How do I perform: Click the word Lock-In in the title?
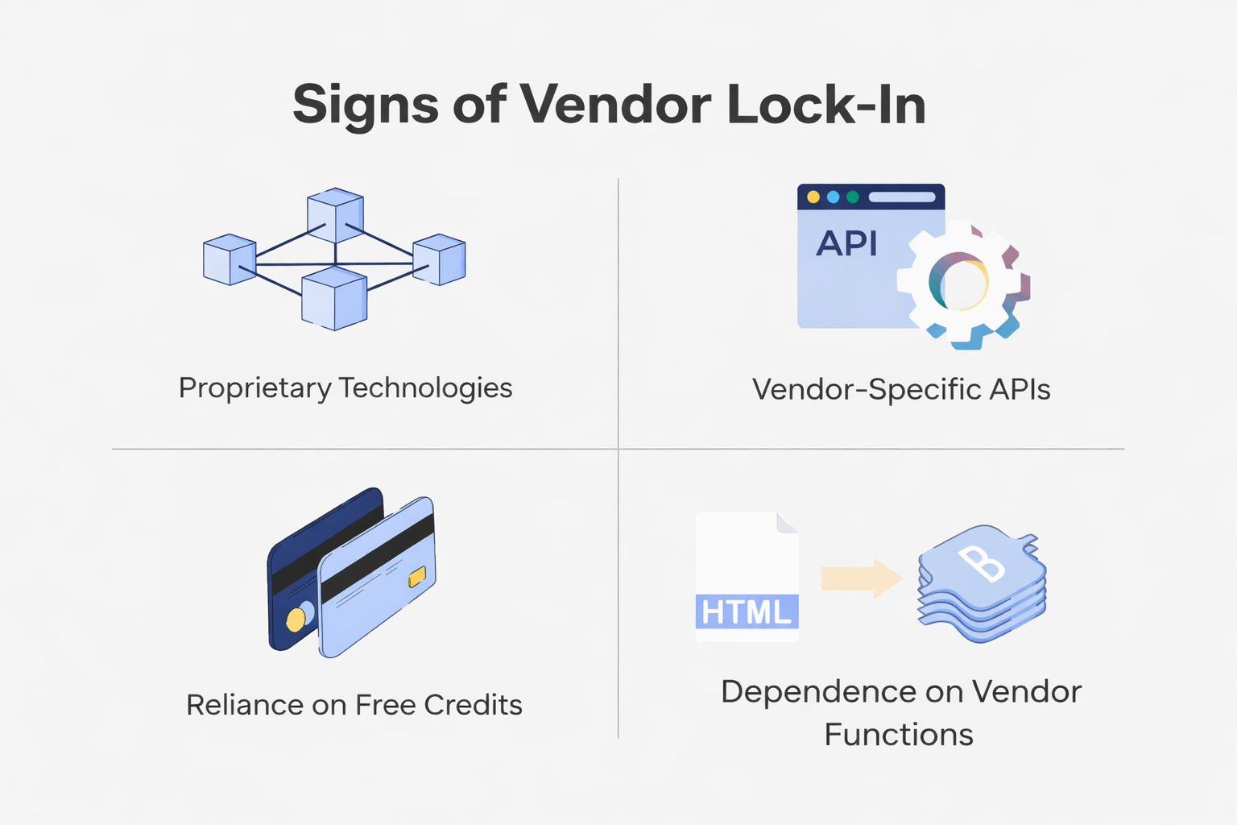(x=825, y=105)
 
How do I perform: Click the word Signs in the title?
(x=366, y=105)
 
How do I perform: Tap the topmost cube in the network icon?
(x=335, y=215)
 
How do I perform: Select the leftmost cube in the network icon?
(x=230, y=259)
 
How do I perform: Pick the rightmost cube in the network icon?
(x=439, y=259)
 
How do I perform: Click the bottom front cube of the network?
(x=334, y=298)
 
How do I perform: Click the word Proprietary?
(x=254, y=388)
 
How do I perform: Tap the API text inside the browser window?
(x=846, y=243)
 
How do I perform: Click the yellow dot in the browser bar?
(x=813, y=197)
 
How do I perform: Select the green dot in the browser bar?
(x=852, y=197)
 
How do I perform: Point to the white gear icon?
(x=962, y=284)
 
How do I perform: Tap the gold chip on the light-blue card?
(x=417, y=577)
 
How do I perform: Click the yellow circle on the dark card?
(x=296, y=620)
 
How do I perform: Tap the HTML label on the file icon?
(x=747, y=612)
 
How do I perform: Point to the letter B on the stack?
(x=981, y=563)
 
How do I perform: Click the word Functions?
(x=899, y=735)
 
